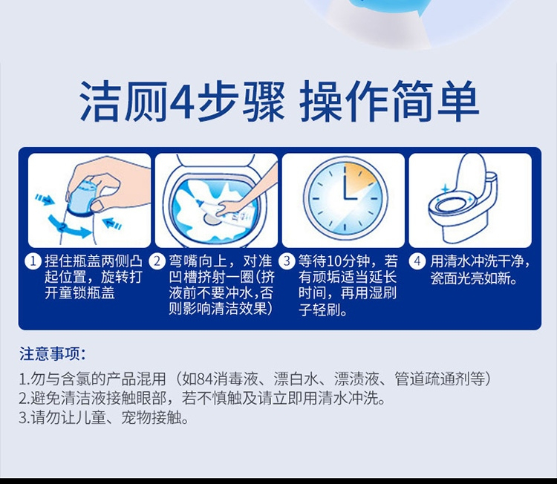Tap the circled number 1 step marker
pyautogui.click(x=33, y=261)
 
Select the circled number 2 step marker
pyautogui.click(x=157, y=261)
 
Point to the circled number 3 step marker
pyautogui.click(x=287, y=261)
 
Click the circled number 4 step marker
pyautogui.click(x=417, y=261)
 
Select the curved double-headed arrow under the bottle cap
pyautogui.click(x=68, y=227)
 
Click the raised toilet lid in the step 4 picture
pyautogui.click(x=472, y=173)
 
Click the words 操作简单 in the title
pyautogui.click(x=388, y=100)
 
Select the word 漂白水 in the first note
pyautogui.click(x=296, y=379)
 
